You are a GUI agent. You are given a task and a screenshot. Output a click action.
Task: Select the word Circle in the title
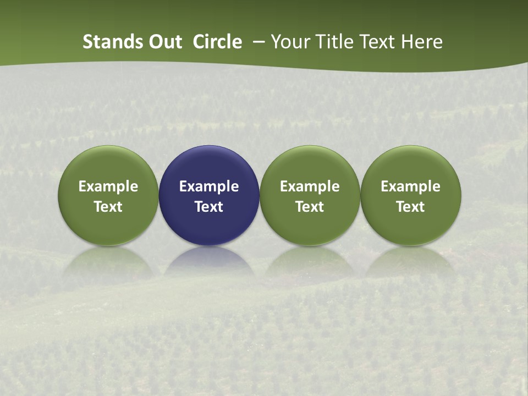217,42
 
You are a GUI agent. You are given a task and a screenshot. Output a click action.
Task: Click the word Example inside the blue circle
209,186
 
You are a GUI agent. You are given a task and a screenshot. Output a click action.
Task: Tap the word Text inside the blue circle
209,207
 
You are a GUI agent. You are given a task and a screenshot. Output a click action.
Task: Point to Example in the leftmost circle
108,186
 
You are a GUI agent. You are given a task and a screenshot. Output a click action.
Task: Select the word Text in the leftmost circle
108,207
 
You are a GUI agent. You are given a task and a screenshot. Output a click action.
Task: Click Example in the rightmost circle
411,186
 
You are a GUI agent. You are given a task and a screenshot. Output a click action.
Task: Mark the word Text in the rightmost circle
411,207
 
